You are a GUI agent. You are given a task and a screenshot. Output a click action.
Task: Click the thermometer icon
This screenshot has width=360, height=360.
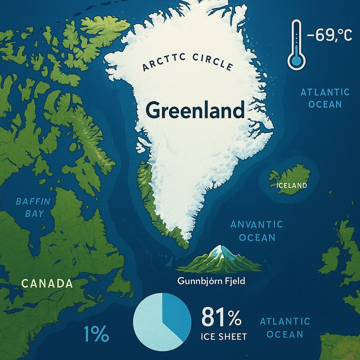[x=295, y=45]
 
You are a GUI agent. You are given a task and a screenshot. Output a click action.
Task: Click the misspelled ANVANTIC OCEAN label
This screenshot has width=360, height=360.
[x=256, y=230]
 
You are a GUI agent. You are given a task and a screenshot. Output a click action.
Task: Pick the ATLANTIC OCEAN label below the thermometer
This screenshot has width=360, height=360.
[x=325, y=98]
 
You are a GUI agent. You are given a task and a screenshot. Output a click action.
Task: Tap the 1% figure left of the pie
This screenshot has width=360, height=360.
[x=96, y=334]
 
